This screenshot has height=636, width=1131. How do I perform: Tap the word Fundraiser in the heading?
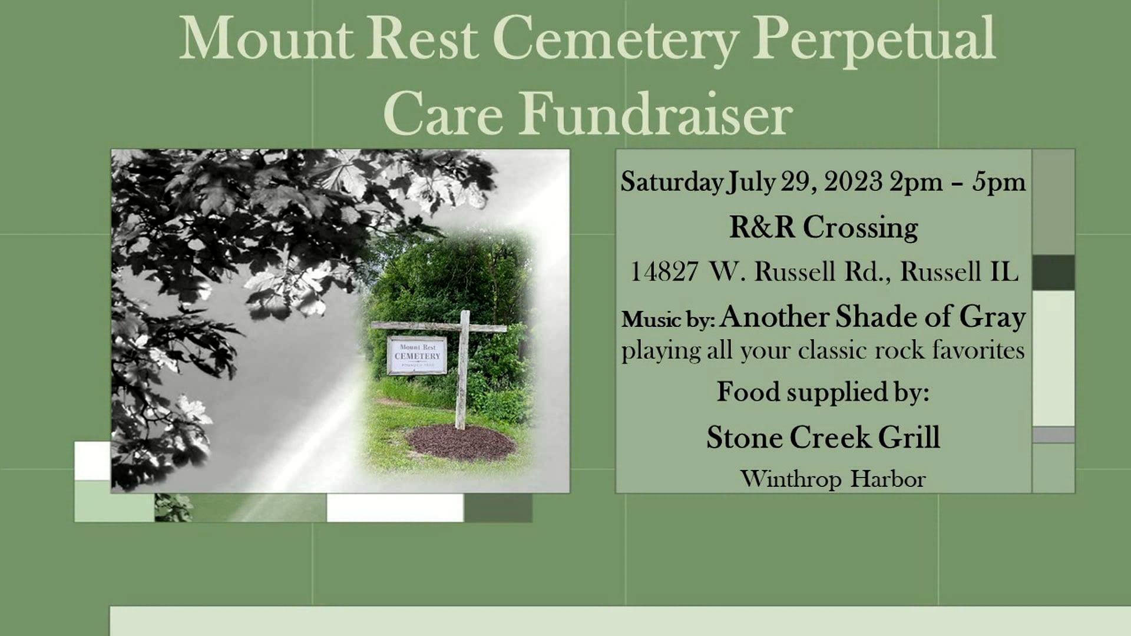point(656,114)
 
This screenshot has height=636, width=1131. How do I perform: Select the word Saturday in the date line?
point(671,182)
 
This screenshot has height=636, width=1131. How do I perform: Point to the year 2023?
point(853,182)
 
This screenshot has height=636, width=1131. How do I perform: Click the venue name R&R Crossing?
point(823,227)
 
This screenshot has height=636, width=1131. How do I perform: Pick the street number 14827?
point(664,272)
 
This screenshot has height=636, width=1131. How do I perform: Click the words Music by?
point(668,320)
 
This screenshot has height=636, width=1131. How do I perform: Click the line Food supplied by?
point(823,392)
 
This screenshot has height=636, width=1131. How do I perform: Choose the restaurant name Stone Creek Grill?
point(823,438)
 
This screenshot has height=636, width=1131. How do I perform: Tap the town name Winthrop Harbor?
point(832,479)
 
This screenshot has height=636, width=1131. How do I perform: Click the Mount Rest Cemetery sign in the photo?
point(417,355)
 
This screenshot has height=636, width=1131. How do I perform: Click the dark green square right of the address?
point(1053,273)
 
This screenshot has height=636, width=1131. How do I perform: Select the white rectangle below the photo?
point(395,508)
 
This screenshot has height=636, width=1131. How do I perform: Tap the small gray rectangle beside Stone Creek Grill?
point(1053,435)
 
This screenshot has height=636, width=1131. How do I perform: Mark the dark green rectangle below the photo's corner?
point(498,508)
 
